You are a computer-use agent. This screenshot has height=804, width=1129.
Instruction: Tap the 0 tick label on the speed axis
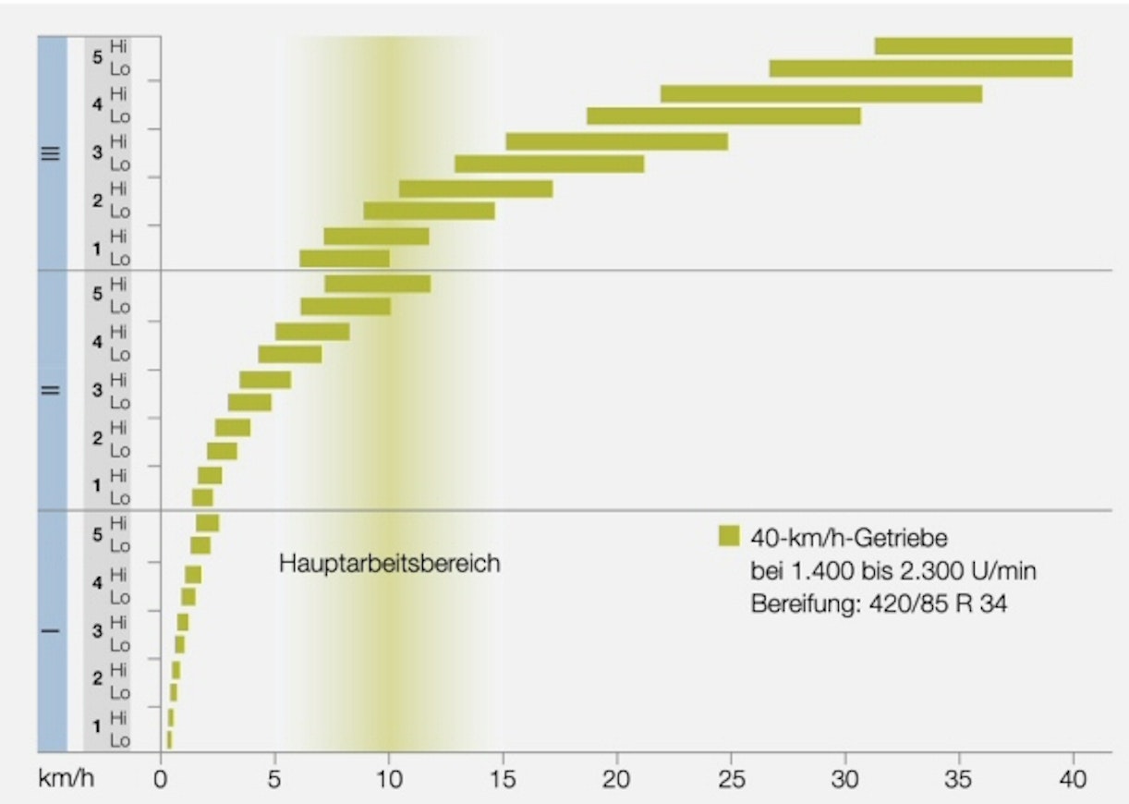[161, 779]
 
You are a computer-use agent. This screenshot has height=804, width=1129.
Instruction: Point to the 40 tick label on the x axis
[1072, 779]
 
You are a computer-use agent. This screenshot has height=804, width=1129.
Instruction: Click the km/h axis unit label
[66, 779]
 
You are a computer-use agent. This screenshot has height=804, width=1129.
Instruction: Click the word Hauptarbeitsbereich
[389, 563]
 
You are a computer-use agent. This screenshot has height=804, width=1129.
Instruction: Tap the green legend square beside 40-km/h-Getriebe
[729, 536]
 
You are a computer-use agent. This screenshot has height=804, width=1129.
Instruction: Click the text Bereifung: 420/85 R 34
[877, 605]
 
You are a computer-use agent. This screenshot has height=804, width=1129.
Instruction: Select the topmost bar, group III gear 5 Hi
[973, 46]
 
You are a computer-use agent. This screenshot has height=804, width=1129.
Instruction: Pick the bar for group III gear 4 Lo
[723, 116]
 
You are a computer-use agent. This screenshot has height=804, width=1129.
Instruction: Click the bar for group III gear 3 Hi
[616, 141]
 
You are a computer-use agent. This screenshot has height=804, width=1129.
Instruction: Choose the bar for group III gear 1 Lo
[345, 259]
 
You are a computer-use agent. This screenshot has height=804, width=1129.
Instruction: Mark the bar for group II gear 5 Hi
[377, 284]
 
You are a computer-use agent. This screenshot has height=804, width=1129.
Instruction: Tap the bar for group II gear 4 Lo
[290, 354]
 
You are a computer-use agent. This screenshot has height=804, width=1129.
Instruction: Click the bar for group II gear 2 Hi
[233, 427]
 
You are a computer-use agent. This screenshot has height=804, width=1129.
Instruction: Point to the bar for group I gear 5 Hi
[208, 523]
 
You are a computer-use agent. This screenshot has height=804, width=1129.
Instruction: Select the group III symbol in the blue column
[52, 153]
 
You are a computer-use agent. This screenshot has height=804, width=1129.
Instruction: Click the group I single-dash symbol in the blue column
[52, 632]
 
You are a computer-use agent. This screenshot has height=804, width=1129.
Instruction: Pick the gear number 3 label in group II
[97, 390]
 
